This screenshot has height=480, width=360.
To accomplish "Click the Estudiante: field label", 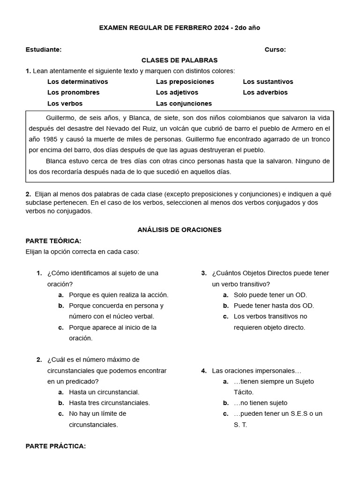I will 43,50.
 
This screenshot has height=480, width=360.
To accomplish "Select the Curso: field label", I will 275,50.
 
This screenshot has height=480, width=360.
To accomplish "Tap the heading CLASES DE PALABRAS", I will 180,60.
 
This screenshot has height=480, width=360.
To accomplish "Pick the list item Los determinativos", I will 77,82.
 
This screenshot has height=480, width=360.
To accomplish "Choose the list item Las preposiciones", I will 185,82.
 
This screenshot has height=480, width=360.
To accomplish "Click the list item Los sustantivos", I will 268,82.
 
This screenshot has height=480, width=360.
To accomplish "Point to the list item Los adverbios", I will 265,92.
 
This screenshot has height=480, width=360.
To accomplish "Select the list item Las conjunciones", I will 184,104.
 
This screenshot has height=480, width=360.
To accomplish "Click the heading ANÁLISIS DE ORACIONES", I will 180,230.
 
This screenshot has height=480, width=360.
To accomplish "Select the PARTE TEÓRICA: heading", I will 53,241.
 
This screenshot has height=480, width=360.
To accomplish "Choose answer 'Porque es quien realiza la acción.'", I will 118,295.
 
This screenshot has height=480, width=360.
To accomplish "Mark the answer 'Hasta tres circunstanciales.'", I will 109,403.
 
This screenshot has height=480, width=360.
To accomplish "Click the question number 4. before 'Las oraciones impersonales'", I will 204,371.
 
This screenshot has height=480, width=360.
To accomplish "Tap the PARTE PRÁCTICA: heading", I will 56,446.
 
